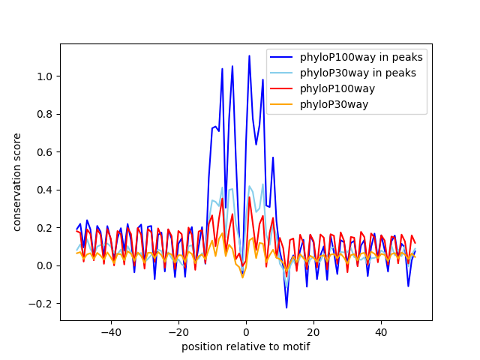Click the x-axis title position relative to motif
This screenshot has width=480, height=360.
click(245, 346)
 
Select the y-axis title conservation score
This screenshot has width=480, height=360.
click(16, 182)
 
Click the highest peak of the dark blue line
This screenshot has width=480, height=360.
click(249, 56)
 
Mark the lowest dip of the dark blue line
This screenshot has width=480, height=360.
click(286, 307)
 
